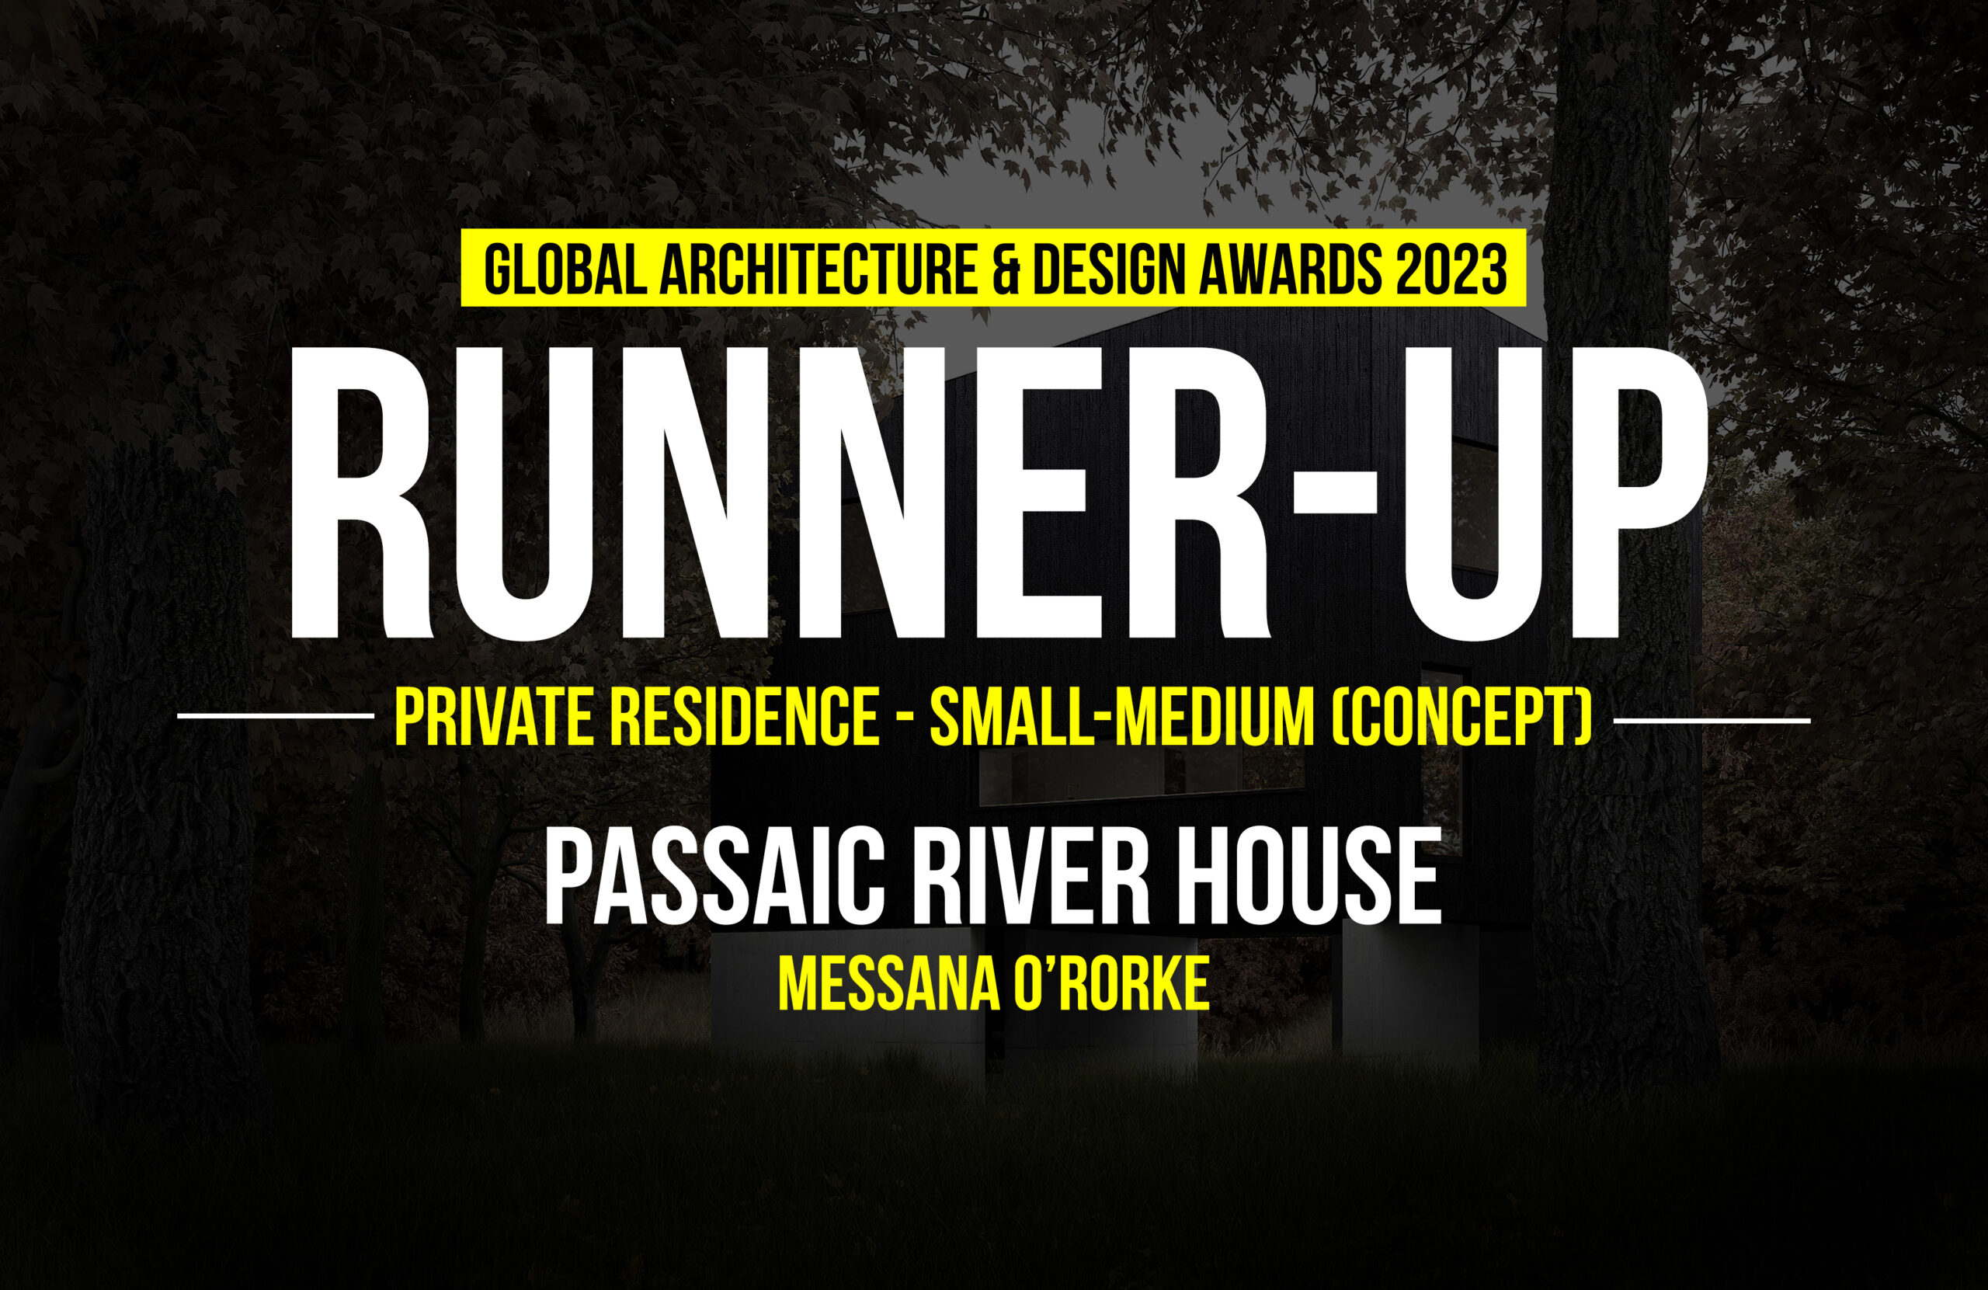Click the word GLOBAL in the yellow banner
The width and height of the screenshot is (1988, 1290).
point(565,269)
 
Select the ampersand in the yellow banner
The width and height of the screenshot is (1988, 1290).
point(1006,269)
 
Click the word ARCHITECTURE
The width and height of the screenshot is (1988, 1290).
point(818,269)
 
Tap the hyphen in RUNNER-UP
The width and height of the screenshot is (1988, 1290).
point(1333,489)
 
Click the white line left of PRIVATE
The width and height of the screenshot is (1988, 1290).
point(276,716)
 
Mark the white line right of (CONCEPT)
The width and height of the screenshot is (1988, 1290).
point(1712,719)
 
